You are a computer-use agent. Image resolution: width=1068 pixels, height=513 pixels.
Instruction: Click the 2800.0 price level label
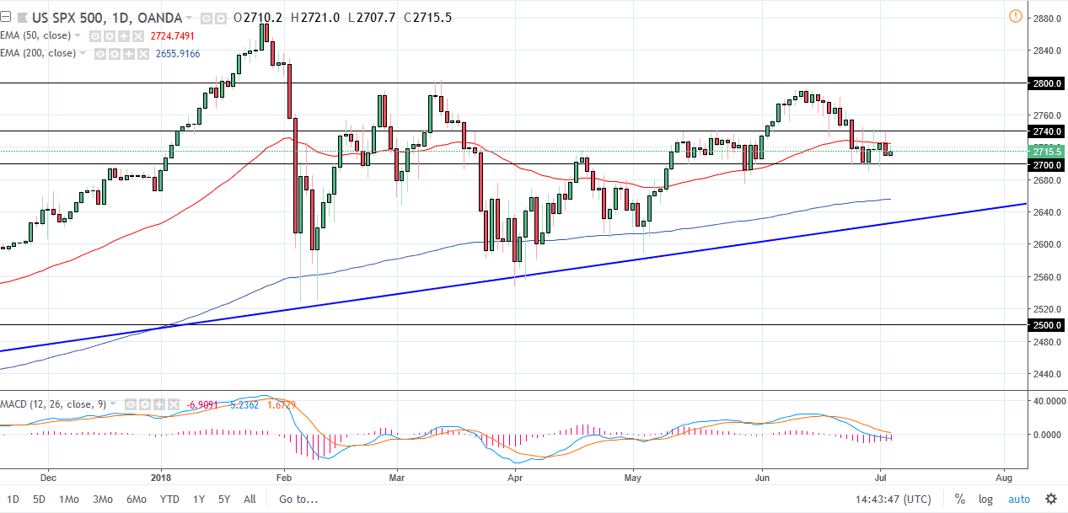(1047, 83)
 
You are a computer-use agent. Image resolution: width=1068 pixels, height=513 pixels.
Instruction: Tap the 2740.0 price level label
(1047, 131)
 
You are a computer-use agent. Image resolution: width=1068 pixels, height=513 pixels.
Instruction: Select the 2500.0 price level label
(1047, 325)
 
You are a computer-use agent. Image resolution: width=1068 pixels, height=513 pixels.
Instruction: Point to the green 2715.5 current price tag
(1047, 151)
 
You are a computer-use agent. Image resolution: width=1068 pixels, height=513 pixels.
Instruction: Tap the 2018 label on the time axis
(161, 475)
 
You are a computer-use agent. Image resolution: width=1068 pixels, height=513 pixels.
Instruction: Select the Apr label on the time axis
(515, 475)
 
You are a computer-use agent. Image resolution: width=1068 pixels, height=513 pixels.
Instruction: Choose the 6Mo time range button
(135, 499)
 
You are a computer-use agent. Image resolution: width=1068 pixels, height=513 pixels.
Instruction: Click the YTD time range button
(169, 499)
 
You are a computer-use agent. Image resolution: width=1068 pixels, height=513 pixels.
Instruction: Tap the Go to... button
(299, 499)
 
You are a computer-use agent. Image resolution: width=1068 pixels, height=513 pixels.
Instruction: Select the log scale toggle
(985, 499)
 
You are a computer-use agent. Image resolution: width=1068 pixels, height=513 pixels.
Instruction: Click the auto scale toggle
(1018, 499)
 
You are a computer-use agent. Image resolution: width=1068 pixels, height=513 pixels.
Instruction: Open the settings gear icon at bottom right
(1050, 499)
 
